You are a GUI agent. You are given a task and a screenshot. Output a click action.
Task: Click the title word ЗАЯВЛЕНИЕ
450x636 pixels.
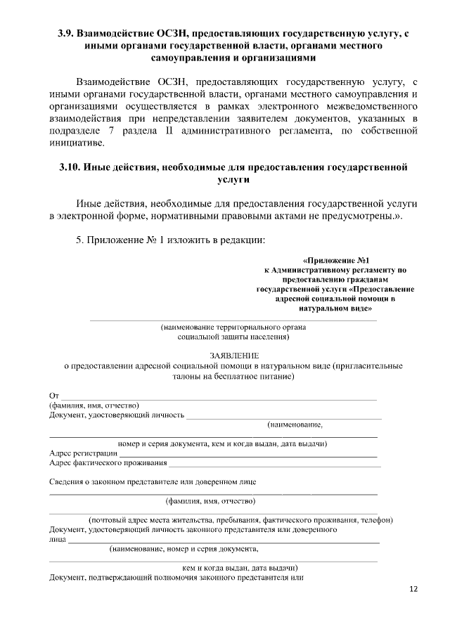(235, 356)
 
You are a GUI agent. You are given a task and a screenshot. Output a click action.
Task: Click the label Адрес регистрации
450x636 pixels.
(83, 453)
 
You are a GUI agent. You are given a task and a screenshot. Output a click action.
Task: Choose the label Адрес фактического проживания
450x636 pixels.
(108, 463)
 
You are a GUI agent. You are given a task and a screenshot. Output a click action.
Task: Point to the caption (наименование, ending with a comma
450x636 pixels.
(295, 424)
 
